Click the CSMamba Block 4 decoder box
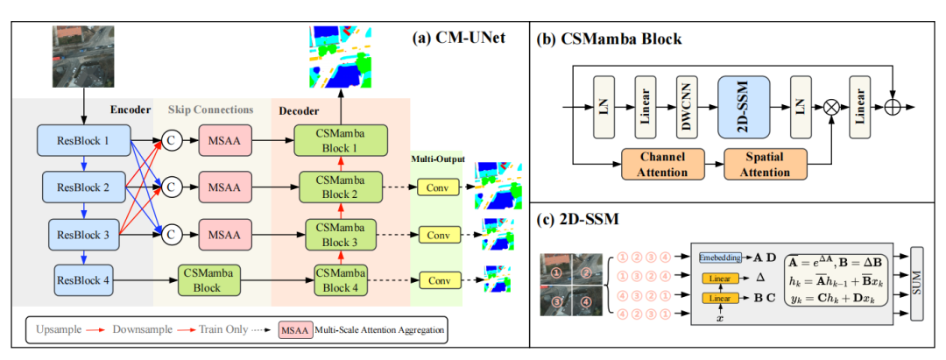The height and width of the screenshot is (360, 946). point(336,281)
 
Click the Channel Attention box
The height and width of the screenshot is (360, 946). point(663,164)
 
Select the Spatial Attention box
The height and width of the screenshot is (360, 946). point(766,164)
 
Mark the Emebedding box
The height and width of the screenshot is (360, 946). point(722,258)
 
